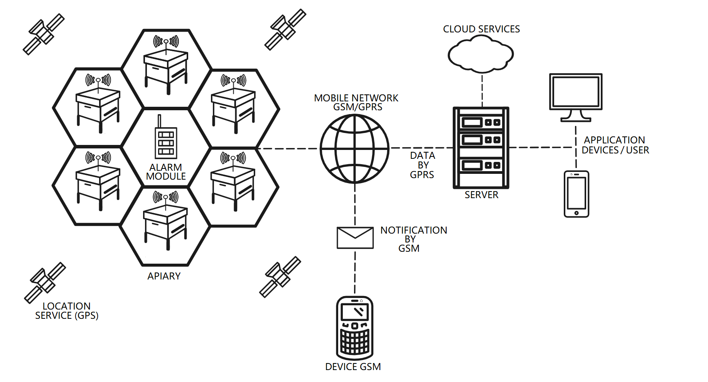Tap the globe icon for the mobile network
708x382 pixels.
354,148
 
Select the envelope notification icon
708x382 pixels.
355,238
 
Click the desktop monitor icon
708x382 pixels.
575,96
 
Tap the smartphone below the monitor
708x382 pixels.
576,194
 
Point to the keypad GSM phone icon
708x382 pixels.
354,328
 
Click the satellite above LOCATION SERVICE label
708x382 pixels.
45,283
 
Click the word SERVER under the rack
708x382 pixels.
481,195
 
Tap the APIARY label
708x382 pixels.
164,276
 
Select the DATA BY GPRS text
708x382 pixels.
422,165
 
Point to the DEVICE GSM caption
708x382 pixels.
353,367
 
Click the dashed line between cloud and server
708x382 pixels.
482,91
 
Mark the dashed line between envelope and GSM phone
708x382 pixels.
355,272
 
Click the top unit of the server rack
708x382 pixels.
481,123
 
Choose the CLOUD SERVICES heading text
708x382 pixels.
481,29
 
